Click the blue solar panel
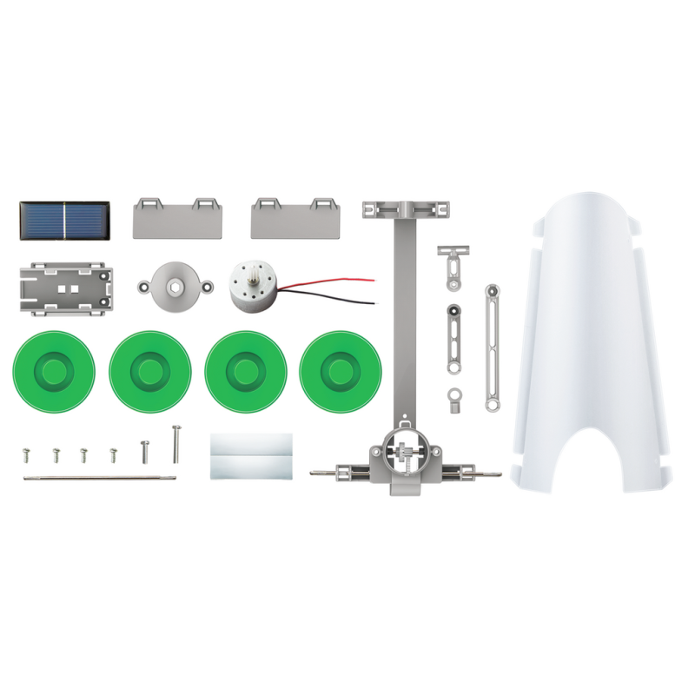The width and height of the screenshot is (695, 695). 64,222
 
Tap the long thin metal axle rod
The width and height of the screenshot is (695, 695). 100,477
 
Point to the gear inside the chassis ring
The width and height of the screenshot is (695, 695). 405,453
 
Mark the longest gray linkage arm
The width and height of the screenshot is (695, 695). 493,347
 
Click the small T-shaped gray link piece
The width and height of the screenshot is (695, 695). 449,264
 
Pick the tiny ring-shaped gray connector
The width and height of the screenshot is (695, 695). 454,398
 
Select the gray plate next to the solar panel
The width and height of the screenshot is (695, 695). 179,218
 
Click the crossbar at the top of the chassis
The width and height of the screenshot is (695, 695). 407,210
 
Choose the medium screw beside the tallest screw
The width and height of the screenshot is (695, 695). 145,451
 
